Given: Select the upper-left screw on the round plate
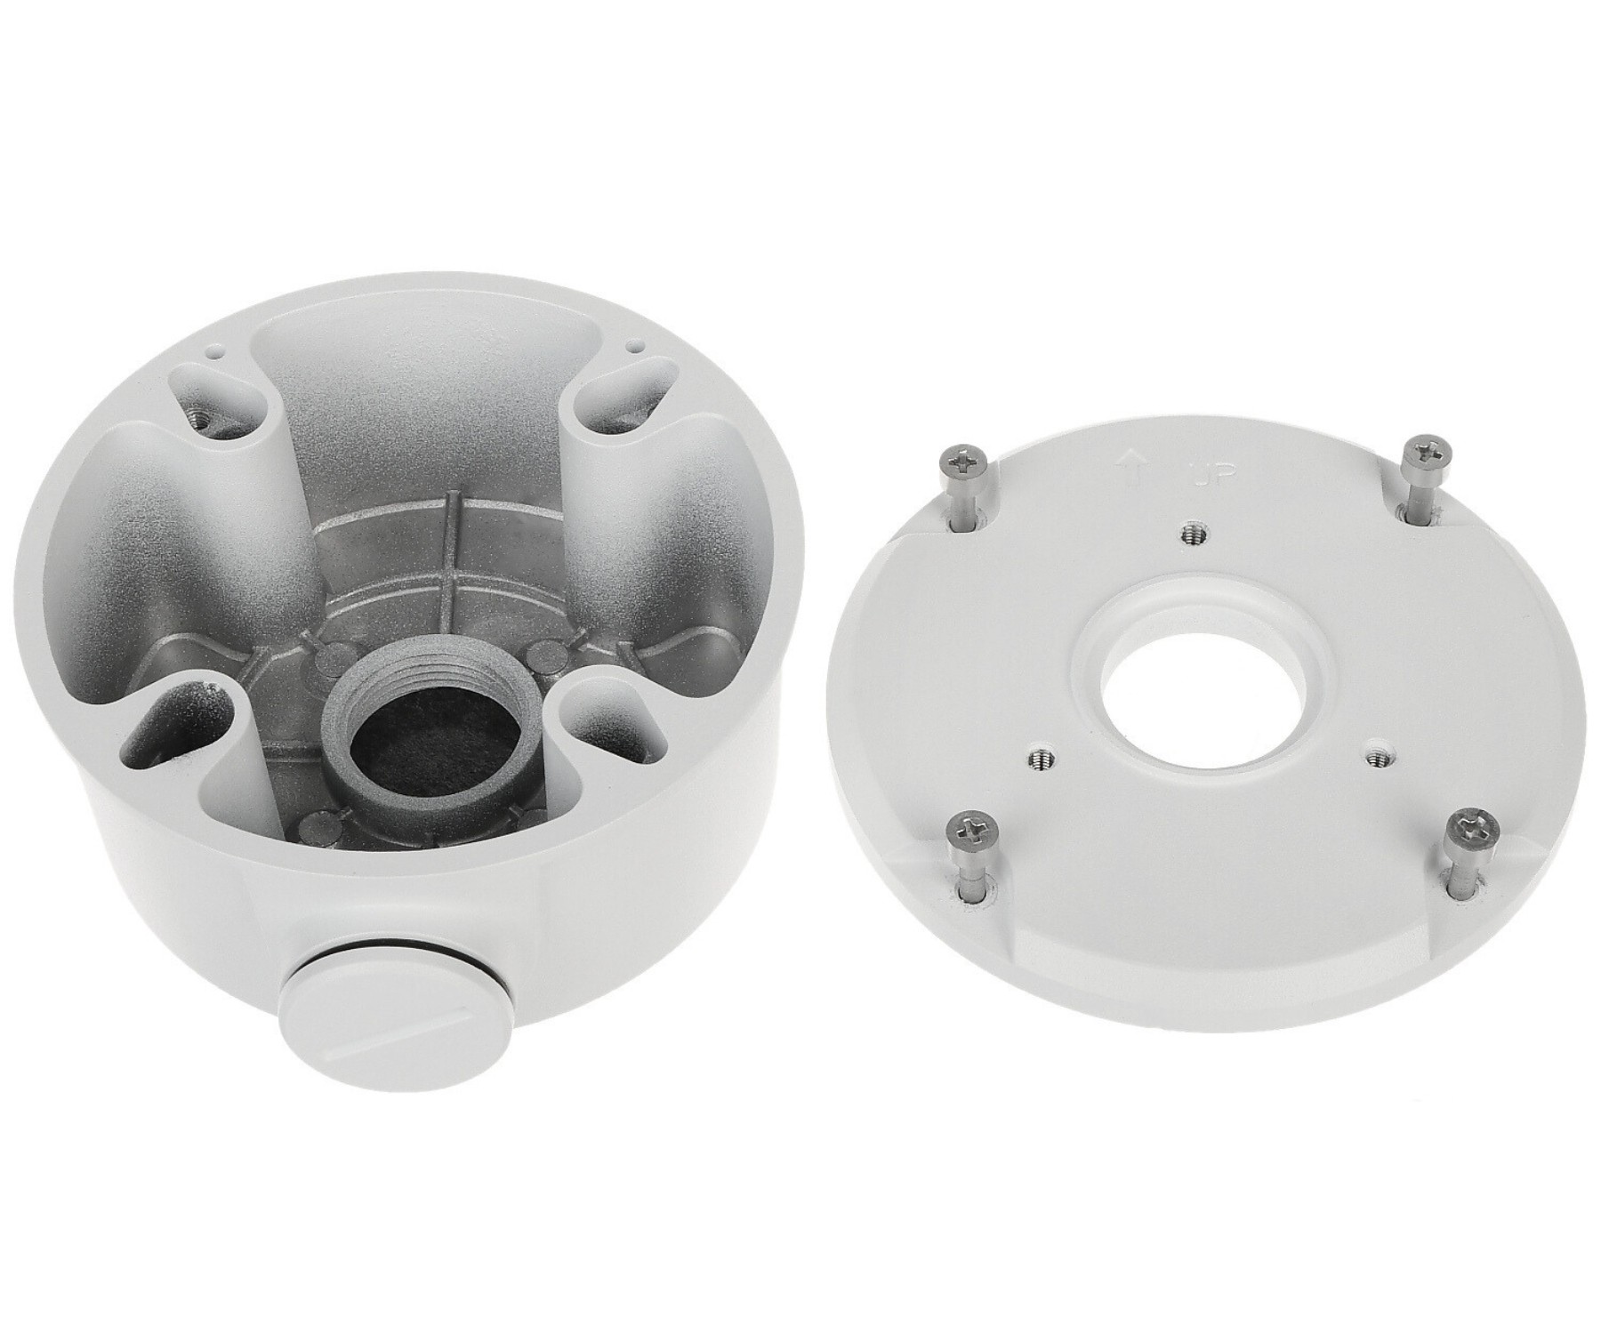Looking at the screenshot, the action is tap(964, 493).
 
